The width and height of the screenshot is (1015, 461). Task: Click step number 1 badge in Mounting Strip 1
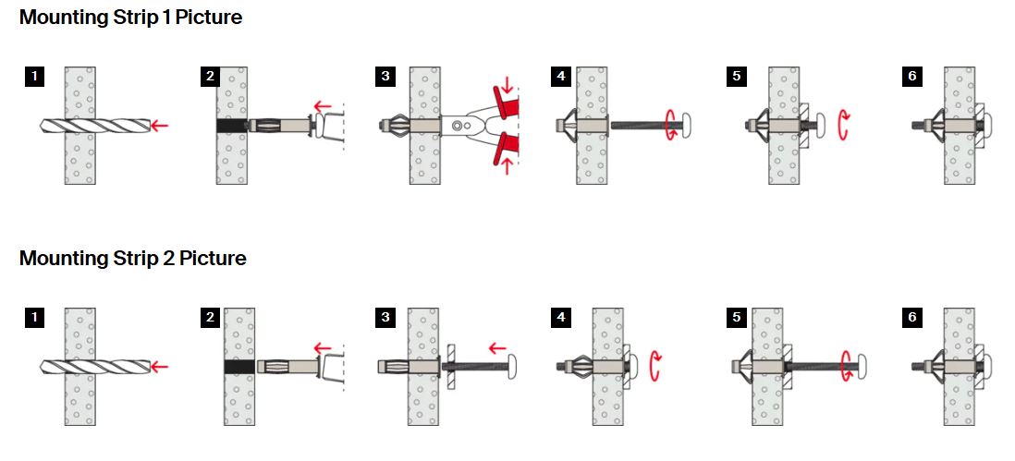click(x=34, y=77)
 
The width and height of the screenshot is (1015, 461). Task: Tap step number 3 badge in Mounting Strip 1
click(x=385, y=77)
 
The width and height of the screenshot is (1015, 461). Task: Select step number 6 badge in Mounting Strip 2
click(x=912, y=318)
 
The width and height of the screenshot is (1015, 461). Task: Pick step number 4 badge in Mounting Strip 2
click(x=561, y=318)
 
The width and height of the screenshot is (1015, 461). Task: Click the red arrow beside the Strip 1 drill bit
click(x=159, y=125)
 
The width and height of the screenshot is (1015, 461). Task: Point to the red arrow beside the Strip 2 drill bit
click(x=159, y=367)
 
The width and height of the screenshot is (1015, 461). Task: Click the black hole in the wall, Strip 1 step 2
click(x=231, y=125)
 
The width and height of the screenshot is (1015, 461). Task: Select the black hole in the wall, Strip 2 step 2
click(x=238, y=367)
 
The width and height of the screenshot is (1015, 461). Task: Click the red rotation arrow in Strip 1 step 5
click(x=843, y=124)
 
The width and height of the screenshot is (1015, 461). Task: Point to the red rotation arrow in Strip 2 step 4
click(x=655, y=365)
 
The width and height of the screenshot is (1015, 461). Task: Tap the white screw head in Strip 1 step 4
click(x=688, y=124)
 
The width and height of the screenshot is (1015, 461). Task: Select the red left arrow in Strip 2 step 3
click(x=497, y=348)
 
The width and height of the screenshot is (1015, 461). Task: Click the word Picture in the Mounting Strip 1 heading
click(x=209, y=18)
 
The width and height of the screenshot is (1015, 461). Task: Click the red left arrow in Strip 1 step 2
click(x=322, y=105)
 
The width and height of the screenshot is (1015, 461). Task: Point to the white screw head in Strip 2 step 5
click(x=863, y=367)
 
